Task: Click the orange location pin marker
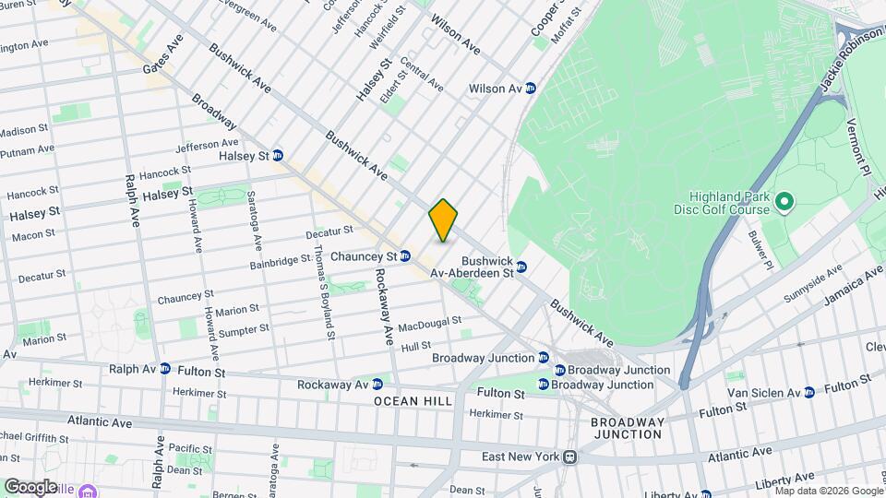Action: pyautogui.click(x=443, y=220)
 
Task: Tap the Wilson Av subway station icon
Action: pyautogui.click(x=531, y=89)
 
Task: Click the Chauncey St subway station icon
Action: pyautogui.click(x=405, y=256)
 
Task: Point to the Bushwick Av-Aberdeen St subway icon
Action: pyautogui.click(x=521, y=267)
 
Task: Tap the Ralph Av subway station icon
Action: pyautogui.click(x=165, y=368)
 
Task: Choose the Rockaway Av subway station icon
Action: pyautogui.click(x=377, y=384)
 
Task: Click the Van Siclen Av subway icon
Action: pyautogui.click(x=808, y=392)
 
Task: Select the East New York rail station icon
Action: pyautogui.click(x=571, y=456)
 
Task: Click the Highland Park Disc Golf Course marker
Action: pyautogui.click(x=784, y=200)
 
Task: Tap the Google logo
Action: pyautogui.click(x=30, y=486)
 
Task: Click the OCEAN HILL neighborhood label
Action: pyautogui.click(x=413, y=401)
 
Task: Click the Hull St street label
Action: pyautogui.click(x=416, y=346)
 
